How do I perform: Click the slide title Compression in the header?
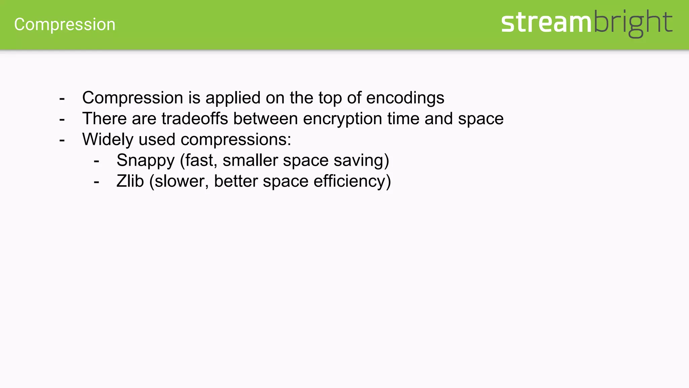point(65,25)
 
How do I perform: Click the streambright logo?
point(586,23)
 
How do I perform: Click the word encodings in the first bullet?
point(405,98)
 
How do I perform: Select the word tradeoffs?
point(195,119)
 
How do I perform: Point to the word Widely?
point(108,140)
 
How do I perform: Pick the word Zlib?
point(130,181)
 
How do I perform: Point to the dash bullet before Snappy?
point(97,161)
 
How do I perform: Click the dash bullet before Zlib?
point(97,182)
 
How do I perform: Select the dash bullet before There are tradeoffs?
point(62,119)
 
